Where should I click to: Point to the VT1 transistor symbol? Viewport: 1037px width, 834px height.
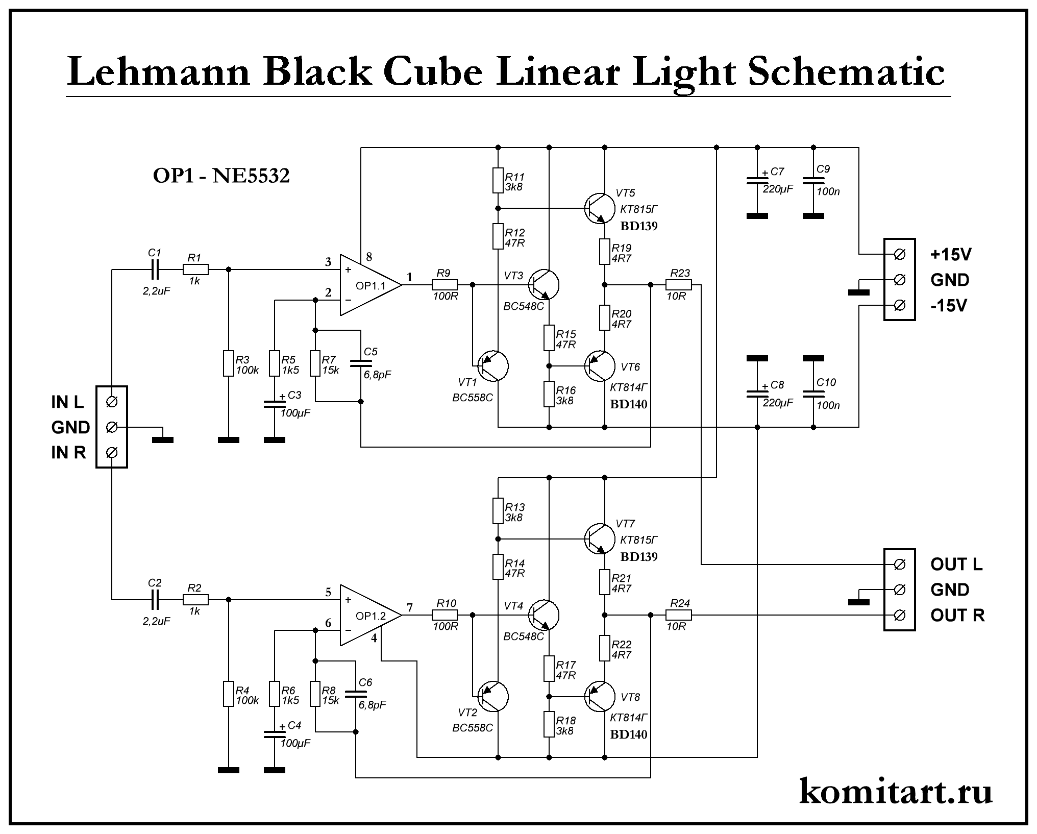pos(493,366)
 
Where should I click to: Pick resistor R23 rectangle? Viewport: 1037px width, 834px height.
pos(679,285)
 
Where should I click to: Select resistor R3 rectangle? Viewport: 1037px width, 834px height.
pos(229,363)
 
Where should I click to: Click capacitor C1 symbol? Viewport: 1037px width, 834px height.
pos(155,269)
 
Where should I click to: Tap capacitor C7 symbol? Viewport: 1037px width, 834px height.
pos(757,181)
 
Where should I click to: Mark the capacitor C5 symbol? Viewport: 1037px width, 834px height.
pos(361,363)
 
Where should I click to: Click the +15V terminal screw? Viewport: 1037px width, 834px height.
pos(900,254)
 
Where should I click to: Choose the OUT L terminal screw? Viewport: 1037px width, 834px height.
pos(900,564)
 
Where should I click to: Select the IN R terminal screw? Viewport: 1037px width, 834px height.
pos(112,452)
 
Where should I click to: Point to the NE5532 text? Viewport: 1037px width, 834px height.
pos(251,176)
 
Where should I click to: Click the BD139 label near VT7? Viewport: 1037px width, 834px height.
pos(639,556)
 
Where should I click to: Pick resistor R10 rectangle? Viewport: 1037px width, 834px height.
pos(445,616)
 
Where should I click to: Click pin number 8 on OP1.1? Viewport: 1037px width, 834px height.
pos(369,257)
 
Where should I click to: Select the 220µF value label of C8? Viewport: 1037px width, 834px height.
pos(778,403)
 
